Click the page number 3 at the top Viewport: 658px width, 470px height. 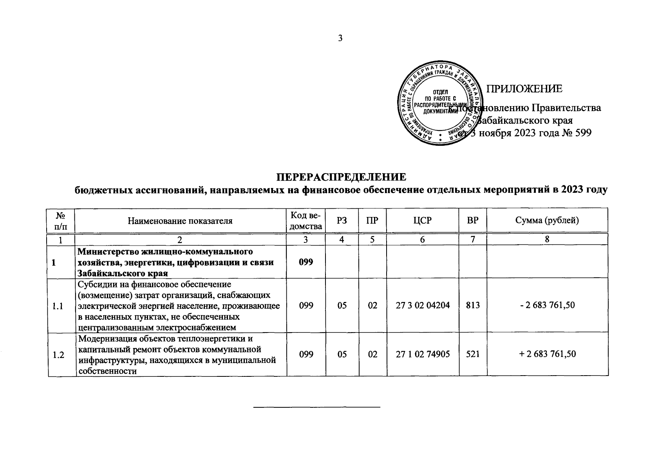[x=340, y=38]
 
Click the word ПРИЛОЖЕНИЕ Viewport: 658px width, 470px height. [x=524, y=89]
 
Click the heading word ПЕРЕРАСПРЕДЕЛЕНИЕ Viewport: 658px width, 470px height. [x=341, y=177]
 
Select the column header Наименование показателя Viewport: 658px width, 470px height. [x=180, y=221]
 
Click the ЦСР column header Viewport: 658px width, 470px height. [x=422, y=221]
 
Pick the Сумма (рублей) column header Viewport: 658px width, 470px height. [x=547, y=221]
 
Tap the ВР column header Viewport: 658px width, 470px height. [x=473, y=221]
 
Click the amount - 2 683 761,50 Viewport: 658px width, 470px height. [x=547, y=305]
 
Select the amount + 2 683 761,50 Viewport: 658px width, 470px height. [x=547, y=354]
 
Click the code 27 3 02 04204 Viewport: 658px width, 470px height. [x=422, y=305]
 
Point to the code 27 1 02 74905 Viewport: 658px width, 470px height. [x=422, y=354]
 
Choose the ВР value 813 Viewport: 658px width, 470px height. [x=473, y=305]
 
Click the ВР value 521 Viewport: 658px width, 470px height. [x=473, y=354]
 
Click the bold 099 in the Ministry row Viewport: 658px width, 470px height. [x=306, y=262]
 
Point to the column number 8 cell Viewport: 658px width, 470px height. [x=547, y=239]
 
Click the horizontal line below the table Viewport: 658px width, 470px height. [x=317, y=408]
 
